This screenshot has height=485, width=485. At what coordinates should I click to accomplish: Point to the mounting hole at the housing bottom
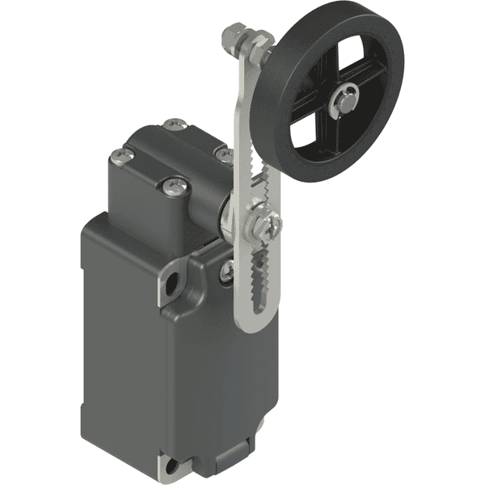click(x=174, y=466)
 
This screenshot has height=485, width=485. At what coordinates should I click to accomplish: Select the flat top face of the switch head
click(x=174, y=154)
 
